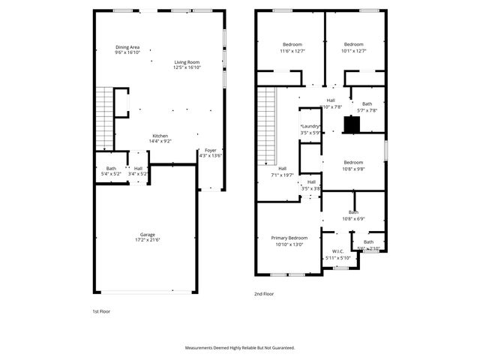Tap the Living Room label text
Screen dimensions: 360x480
pos(187,62)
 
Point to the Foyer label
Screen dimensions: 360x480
pos(211,151)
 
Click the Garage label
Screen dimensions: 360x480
pos(147,234)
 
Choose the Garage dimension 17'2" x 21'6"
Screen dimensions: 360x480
pos(147,239)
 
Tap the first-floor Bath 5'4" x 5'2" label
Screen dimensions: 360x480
pos(111,168)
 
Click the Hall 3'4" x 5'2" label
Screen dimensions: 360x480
pos(139,168)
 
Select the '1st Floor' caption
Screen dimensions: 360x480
pos(100,310)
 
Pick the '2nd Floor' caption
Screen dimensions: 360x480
pos(264,295)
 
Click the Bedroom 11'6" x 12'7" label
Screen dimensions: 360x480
pos(292,44)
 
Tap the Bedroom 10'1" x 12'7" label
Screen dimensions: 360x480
pos(353,44)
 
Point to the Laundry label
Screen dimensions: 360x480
pos(310,127)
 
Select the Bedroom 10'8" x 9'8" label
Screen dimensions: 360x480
pos(353,163)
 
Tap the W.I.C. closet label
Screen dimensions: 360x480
pos(337,252)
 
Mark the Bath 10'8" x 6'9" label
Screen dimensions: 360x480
pos(353,212)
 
